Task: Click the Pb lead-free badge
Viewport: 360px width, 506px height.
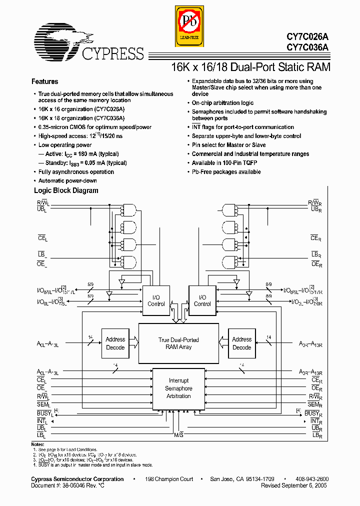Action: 189,24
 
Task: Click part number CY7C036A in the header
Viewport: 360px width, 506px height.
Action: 308,47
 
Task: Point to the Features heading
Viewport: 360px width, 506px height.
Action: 45,81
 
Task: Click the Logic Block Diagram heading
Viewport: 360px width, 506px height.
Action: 66,190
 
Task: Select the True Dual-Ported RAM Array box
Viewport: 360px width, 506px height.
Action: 178,343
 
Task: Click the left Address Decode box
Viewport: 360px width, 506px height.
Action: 115,343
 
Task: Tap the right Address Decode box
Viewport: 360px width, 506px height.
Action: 241,343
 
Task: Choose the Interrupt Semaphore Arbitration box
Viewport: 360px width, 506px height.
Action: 178,388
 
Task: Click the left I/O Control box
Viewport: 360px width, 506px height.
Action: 156,300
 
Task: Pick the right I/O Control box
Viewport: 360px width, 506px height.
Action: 202,300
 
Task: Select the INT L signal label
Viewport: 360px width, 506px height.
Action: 41,421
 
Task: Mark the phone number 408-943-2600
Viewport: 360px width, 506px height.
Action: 312,479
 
